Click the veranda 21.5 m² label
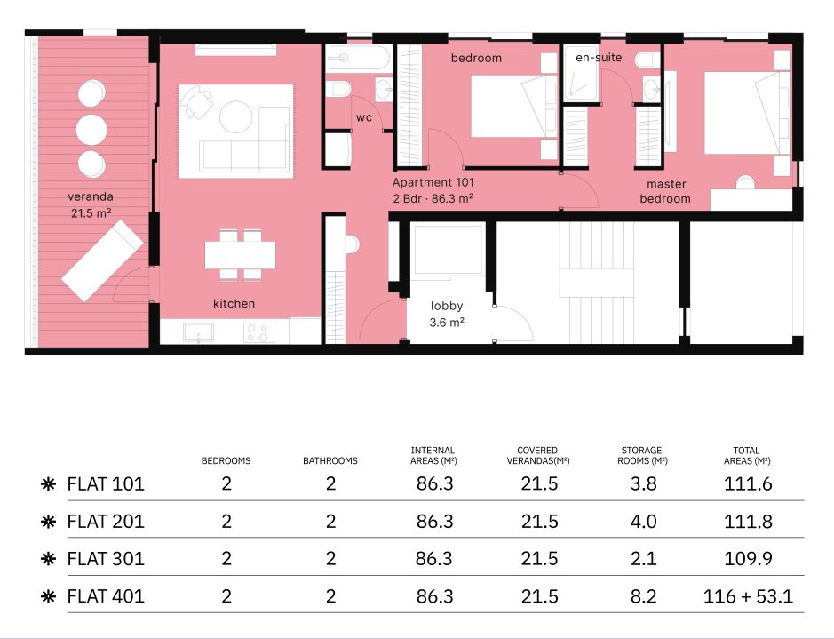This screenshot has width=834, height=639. pos(91,204)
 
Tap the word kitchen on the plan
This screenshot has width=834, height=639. pos(234,303)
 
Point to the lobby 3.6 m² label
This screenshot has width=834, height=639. pos(447,314)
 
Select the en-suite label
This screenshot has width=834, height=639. pos(599,58)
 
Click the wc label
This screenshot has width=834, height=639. pos(364,117)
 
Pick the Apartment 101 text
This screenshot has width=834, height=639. pos(433,182)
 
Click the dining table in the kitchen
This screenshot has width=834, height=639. pos(241,255)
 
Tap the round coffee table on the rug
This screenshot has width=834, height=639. pos(235,116)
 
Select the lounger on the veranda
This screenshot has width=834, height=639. pos(102,260)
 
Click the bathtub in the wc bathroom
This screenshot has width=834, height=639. pos(358,58)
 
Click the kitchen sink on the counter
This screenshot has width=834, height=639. pos(198,332)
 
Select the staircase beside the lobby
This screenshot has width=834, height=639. pos(597,283)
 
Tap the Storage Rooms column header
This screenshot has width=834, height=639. pos(642,455)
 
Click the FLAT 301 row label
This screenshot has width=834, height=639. pos(106,559)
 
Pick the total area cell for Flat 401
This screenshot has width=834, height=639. pos(748,596)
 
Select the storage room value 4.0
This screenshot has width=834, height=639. pos(643,522)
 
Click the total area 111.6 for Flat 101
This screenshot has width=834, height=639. pos(748,483)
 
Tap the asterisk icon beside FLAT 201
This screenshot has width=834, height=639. pos(48,522)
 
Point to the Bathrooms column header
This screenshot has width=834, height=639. pos(330,460)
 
